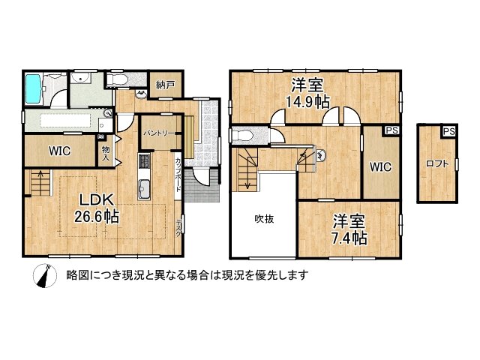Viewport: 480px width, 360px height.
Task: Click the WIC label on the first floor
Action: [x=60, y=151]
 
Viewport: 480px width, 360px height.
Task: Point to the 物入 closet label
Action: [x=106, y=154]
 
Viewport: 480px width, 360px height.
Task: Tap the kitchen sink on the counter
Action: [x=144, y=187]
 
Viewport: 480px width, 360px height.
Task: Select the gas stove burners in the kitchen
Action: [x=144, y=161]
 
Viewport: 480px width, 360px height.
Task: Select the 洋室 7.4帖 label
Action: [x=349, y=229]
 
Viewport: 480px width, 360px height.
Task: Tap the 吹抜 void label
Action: [x=262, y=219]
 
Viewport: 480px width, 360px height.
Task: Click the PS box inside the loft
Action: [x=448, y=132]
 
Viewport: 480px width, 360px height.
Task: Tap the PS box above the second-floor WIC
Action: [x=391, y=130]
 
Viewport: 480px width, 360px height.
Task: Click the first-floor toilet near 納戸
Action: [x=118, y=79]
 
